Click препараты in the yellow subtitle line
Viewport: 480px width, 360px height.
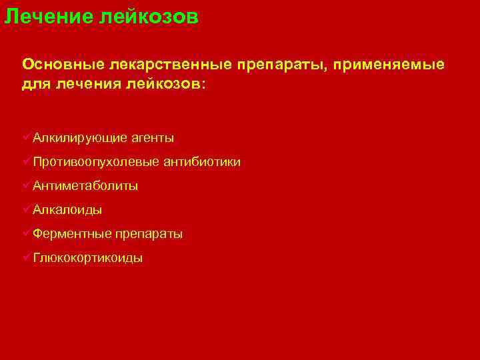tap(284, 64)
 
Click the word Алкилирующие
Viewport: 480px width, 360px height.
tap(80, 138)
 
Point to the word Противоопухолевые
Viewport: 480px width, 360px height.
tap(95, 162)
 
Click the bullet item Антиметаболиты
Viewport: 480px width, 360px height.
tap(85, 186)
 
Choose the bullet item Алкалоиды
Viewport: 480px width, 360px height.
tap(67, 210)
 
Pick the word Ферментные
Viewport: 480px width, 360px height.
tap(71, 234)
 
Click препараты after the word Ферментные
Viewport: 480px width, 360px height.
tap(149, 234)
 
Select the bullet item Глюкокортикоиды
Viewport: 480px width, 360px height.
tap(87, 258)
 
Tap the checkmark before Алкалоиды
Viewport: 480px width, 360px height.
tap(26, 209)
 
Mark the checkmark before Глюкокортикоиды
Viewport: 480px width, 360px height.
tap(26, 257)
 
